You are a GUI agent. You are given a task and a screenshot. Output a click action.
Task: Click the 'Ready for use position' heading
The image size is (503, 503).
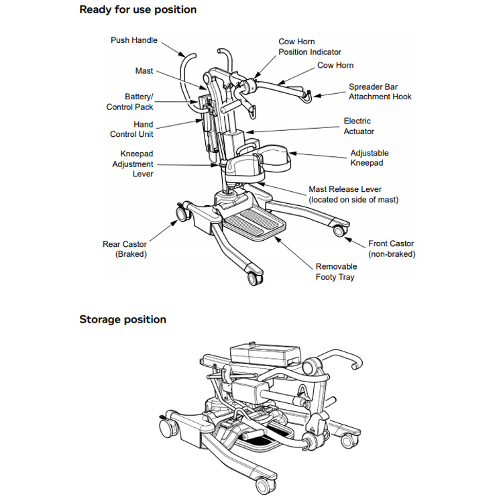(138, 9)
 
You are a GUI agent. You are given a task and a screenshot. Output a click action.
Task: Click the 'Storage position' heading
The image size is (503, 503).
(123, 319)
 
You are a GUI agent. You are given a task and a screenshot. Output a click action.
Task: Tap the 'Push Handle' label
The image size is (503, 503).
(134, 40)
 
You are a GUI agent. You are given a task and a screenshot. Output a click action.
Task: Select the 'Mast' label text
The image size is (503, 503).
(144, 71)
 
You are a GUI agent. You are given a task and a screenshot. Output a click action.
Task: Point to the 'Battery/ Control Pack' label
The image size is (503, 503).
(129, 102)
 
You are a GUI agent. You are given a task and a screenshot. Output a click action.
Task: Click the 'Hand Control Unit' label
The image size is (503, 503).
(131, 129)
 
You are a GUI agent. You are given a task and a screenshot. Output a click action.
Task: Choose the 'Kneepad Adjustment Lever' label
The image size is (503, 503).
(133, 164)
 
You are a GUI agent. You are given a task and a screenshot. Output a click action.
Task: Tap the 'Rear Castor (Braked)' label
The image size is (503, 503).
(125, 249)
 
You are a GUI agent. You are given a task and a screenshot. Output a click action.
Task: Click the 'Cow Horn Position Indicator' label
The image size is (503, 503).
(310, 47)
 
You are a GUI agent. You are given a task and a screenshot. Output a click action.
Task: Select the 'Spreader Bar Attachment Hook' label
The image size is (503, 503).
(380, 92)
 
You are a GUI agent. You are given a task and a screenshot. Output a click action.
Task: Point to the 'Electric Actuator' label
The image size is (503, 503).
(359, 126)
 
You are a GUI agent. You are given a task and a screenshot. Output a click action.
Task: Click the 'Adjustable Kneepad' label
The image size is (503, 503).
(370, 158)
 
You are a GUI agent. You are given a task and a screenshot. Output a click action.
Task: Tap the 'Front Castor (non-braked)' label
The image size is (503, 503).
(392, 249)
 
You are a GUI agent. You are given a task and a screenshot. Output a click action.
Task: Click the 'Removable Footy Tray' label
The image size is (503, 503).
(336, 272)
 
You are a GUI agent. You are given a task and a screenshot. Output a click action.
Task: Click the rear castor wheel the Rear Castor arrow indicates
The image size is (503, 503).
(182, 214)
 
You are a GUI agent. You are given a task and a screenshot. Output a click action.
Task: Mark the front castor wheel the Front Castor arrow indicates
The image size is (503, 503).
(339, 231)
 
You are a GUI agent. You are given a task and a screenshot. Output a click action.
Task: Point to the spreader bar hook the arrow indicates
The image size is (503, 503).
(307, 96)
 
